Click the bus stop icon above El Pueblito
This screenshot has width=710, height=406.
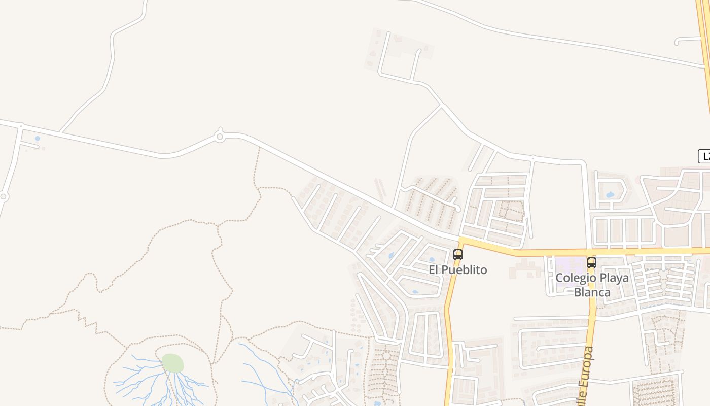[x=458, y=255]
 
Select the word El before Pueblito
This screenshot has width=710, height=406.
[x=434, y=270]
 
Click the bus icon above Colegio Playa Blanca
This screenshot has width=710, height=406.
[x=591, y=263]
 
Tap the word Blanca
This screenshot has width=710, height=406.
[x=592, y=292]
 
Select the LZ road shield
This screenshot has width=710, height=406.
[x=705, y=156]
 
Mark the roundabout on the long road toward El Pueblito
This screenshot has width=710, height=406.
[x=220, y=137]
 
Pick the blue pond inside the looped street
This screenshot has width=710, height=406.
[x=610, y=194]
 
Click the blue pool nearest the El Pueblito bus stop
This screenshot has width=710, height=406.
[x=432, y=259]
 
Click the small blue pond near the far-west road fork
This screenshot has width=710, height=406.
[x=38, y=138]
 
